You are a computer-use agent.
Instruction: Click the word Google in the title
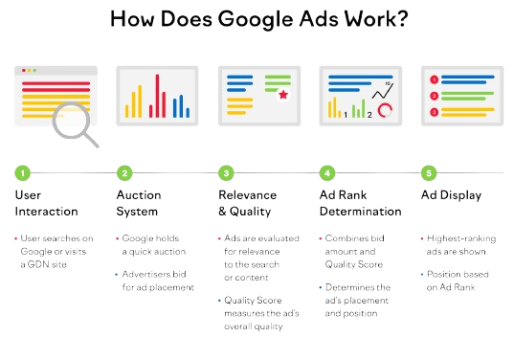(245, 19)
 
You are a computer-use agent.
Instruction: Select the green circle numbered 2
(124, 173)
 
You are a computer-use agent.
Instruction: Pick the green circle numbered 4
(327, 173)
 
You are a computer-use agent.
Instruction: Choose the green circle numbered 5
(429, 173)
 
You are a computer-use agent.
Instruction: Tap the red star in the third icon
(282, 96)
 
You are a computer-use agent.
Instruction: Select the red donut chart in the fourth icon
(385, 111)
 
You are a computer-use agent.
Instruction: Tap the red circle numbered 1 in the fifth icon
(435, 79)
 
